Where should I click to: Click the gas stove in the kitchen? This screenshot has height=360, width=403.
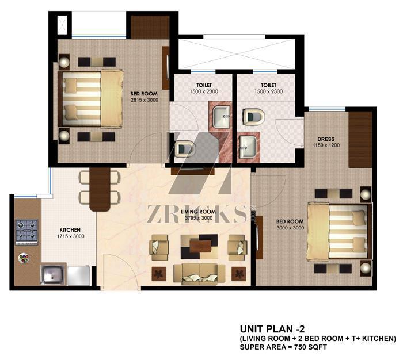click(26, 232)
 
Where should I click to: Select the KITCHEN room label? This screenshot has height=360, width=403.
click(70, 230)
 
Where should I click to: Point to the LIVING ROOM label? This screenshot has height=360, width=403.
click(198, 212)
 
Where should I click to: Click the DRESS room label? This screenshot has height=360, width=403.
click(326, 139)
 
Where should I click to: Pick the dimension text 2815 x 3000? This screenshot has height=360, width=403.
click(144, 100)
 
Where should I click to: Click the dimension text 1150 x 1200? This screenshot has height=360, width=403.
click(326, 145)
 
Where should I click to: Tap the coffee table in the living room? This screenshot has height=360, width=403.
click(199, 246)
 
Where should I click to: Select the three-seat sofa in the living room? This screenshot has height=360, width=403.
click(199, 274)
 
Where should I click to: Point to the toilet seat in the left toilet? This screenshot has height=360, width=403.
click(185, 149)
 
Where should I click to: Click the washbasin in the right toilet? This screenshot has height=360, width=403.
click(248, 147)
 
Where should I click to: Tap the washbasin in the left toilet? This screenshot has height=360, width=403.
click(222, 117)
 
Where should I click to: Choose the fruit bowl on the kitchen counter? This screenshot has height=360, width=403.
click(24, 258)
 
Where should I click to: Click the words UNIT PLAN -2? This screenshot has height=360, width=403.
click(272, 329)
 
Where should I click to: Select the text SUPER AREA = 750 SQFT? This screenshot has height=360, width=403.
click(283, 347)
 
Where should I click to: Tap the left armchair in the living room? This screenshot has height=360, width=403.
click(159, 247)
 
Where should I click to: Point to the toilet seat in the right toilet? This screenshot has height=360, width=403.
click(254, 117)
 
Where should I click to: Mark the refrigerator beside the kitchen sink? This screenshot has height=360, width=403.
click(79, 276)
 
